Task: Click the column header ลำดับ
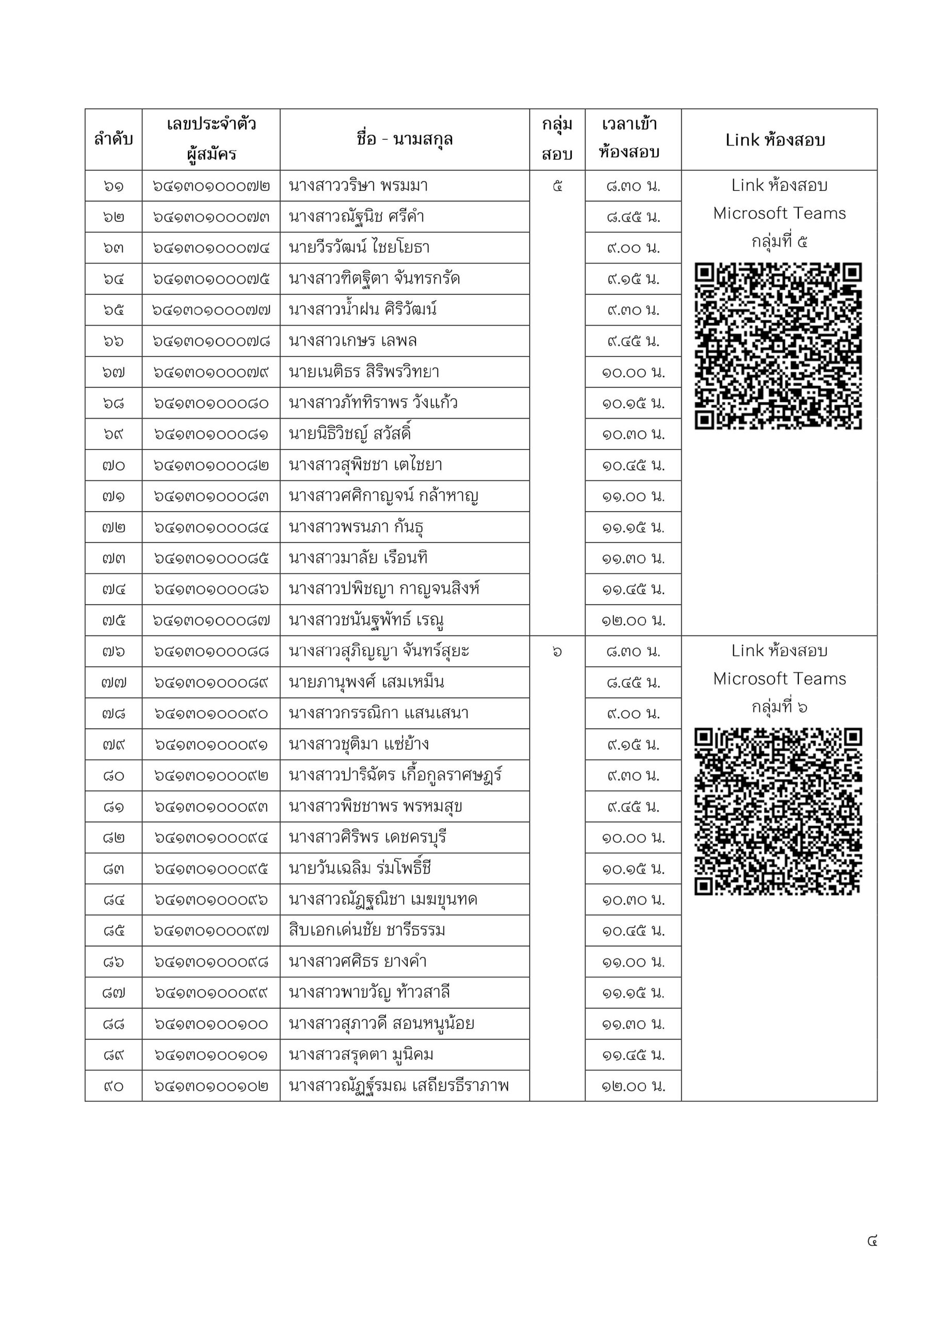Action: (x=114, y=139)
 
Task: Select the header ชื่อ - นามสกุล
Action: (x=405, y=139)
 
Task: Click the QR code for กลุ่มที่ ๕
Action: (x=778, y=346)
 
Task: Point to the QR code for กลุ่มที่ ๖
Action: (x=778, y=811)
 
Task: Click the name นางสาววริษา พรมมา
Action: (x=358, y=186)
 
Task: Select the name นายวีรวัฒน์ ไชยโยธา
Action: (x=359, y=248)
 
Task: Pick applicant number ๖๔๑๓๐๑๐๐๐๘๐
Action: (x=211, y=404)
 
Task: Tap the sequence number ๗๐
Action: (x=114, y=465)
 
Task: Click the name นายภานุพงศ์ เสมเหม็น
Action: (x=366, y=682)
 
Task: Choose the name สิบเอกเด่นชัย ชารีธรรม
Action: (x=367, y=931)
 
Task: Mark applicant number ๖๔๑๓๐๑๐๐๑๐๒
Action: (x=211, y=1086)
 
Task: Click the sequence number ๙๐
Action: (x=114, y=1086)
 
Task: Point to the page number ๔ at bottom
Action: (x=872, y=1241)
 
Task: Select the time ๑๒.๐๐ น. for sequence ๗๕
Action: (x=633, y=621)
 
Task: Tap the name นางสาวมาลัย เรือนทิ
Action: (x=358, y=558)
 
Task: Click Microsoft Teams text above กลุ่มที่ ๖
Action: (x=779, y=679)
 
